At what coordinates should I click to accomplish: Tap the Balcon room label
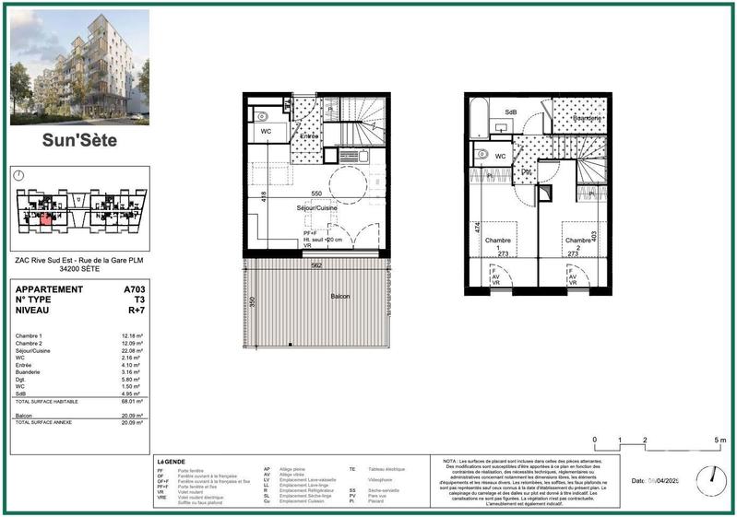click(x=341, y=297)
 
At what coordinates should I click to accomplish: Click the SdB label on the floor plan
click(x=509, y=112)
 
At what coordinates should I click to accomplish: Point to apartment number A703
click(x=134, y=289)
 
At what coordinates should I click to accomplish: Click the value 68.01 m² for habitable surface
click(x=130, y=402)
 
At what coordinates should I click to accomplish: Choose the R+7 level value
click(x=135, y=311)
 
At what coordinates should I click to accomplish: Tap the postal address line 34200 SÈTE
click(x=77, y=268)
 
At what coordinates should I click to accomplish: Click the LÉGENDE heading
click(x=171, y=461)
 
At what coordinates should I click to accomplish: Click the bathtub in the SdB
click(x=476, y=119)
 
